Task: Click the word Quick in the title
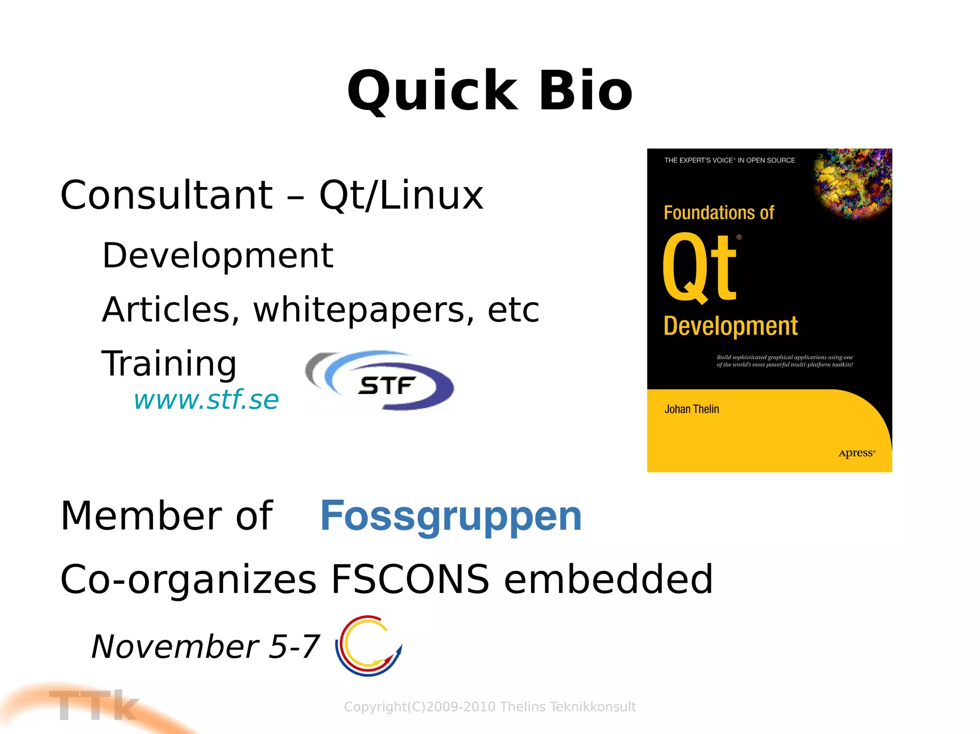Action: [432, 91]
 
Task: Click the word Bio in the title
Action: [586, 91]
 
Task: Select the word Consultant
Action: [167, 195]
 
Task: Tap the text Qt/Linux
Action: [401, 195]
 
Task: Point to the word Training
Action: [169, 363]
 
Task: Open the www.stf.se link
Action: [206, 400]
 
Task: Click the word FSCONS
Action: [410, 579]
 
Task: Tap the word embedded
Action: [608, 579]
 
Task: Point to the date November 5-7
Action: [205, 646]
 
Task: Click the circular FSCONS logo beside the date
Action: [368, 646]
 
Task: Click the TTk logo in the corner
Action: [93, 705]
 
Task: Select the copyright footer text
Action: [490, 707]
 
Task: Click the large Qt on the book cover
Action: [700, 268]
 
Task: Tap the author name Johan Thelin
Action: [691, 409]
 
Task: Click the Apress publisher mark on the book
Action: [856, 453]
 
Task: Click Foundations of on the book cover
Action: [719, 213]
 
